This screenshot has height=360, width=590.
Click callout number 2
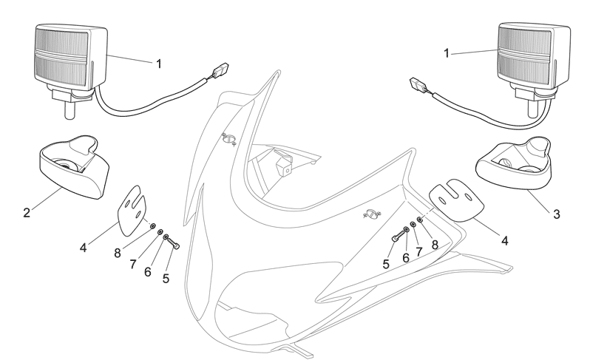tap(27, 213)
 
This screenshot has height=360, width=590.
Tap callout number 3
tap(557, 214)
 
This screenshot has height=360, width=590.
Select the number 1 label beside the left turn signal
tap(159, 64)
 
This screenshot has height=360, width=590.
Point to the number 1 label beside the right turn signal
tap(447, 53)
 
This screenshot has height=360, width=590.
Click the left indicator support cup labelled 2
tap(74, 167)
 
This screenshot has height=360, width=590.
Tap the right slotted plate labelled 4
tap(455, 200)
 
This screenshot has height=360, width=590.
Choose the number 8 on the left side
tap(118, 253)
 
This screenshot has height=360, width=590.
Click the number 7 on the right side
tap(419, 251)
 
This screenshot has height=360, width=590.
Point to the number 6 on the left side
tap(148, 271)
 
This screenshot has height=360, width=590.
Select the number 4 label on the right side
tap(505, 240)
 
